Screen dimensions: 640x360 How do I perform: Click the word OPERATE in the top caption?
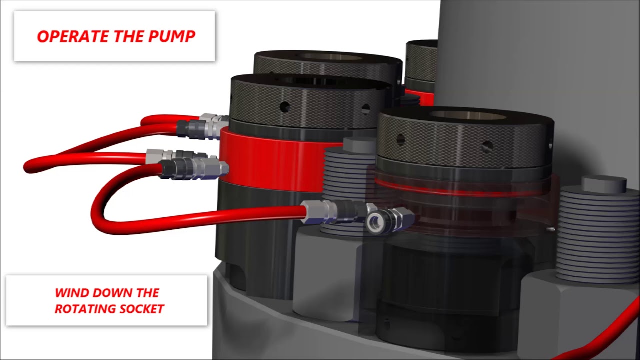pos(73,36)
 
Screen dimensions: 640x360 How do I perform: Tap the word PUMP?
pos(172,36)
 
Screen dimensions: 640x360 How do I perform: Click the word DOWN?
pos(112,293)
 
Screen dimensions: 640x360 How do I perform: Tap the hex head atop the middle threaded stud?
pos(359,145)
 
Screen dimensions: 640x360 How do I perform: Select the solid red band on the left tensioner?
pos(271,161)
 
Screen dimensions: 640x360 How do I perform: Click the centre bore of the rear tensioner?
pos(331,57)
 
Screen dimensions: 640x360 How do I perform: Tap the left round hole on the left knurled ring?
pos(285,107)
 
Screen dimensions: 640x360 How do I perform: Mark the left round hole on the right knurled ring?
pos(400,139)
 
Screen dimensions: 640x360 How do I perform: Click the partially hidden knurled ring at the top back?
pos(421,65)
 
